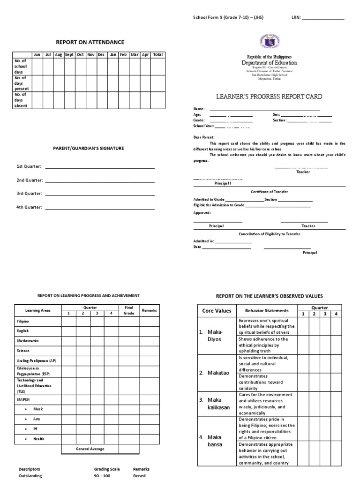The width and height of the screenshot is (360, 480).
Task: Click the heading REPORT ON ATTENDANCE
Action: [x=90, y=42]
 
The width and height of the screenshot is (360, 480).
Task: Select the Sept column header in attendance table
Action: [x=69, y=55]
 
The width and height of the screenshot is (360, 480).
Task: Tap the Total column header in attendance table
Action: [x=157, y=55]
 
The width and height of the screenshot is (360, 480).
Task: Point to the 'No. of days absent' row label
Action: [x=22, y=100]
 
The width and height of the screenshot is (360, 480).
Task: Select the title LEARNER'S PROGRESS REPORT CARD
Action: [x=269, y=97]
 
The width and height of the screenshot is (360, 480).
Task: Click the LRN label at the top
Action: [x=296, y=18]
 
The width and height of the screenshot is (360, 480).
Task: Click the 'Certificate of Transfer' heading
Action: [x=270, y=192]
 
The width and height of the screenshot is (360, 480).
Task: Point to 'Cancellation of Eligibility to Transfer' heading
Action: [x=270, y=234]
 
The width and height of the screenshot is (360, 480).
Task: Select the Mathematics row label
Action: [x=29, y=341]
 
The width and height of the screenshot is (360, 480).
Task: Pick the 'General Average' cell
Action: [x=90, y=449]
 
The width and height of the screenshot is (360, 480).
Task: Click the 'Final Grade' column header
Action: [x=128, y=310]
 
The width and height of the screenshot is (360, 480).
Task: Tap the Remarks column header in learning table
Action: [x=150, y=310]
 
